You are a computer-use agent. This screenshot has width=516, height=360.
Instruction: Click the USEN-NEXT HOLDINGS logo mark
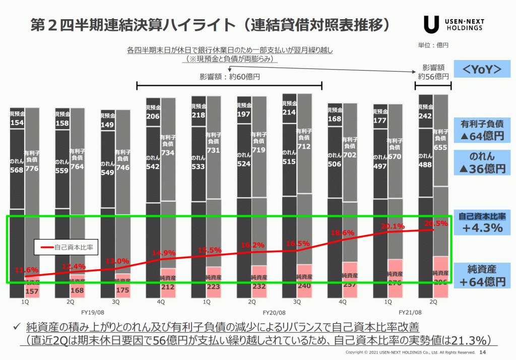point(431,24)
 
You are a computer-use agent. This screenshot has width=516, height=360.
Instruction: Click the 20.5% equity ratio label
point(436,224)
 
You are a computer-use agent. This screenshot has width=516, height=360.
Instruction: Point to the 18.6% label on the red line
point(344,233)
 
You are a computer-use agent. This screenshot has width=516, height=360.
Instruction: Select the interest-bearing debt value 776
point(32,168)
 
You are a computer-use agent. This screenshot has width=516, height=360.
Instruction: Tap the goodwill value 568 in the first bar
point(17,170)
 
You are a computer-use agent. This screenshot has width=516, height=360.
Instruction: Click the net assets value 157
point(32,291)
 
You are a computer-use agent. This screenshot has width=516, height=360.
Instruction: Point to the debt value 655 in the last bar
point(441,148)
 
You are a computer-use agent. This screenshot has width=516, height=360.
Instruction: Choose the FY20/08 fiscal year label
point(275,313)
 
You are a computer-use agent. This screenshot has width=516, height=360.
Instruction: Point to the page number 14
point(483,352)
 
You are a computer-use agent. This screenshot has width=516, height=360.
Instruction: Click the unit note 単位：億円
point(433,45)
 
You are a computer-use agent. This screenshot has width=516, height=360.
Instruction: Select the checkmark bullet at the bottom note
point(16,327)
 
